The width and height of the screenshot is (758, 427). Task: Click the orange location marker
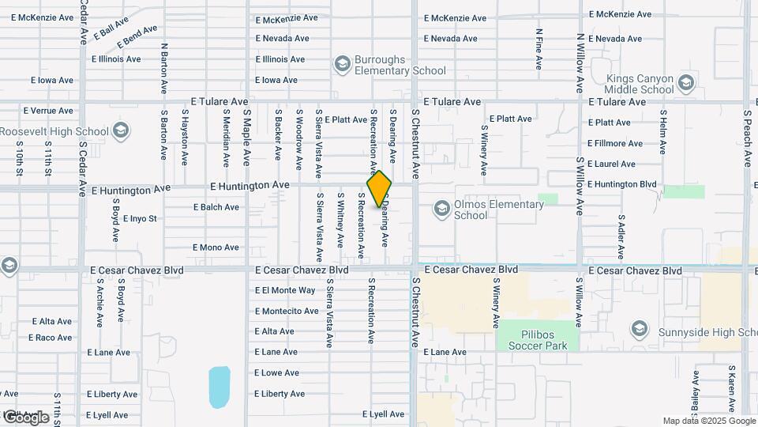coord(380,189)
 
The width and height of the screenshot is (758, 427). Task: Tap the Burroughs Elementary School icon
coord(342,63)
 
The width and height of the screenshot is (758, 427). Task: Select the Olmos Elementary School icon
coord(442,209)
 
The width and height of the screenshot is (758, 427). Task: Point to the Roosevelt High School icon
coord(121,131)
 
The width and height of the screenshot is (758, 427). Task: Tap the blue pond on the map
coord(220,386)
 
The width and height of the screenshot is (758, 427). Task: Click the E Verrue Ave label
coord(48,111)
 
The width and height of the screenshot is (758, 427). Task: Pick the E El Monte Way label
coord(285,290)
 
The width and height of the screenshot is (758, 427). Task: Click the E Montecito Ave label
coord(287,311)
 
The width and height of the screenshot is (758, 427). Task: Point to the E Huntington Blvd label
coord(623,184)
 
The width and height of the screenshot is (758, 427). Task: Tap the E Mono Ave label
coord(215,248)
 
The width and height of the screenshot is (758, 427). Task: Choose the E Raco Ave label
coord(51,338)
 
